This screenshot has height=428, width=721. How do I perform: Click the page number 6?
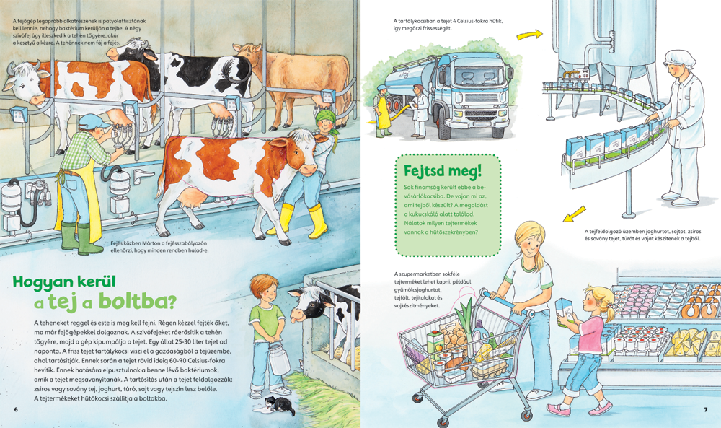pos(16,409)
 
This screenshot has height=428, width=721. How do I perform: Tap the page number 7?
pos(706,409)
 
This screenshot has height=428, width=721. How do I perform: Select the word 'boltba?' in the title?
pos(138,302)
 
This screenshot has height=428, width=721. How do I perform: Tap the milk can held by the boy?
pos(279,357)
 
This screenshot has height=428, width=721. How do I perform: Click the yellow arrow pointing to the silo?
pos(530,35)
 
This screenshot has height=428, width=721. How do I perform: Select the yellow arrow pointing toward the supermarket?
pos(574,214)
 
